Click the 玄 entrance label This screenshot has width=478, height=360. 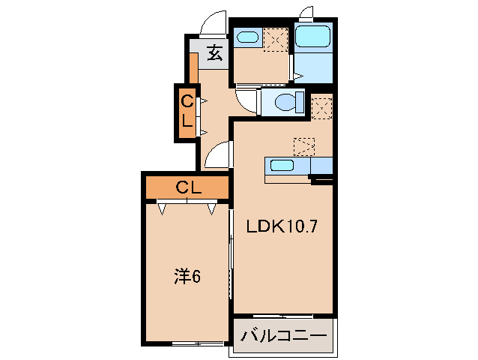point(214,52)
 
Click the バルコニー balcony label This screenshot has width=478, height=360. point(283,335)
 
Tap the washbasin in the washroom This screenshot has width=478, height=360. point(246,37)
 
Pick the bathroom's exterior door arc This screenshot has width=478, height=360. point(306,13)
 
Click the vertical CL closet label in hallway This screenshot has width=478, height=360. point(185,112)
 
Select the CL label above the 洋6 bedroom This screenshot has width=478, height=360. point(187,187)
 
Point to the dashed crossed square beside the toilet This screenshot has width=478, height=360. point(321,108)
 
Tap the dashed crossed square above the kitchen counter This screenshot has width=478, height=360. point(304,145)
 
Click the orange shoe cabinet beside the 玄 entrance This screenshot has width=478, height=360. point(193,69)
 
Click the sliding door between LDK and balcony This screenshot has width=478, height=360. point(282,315)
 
